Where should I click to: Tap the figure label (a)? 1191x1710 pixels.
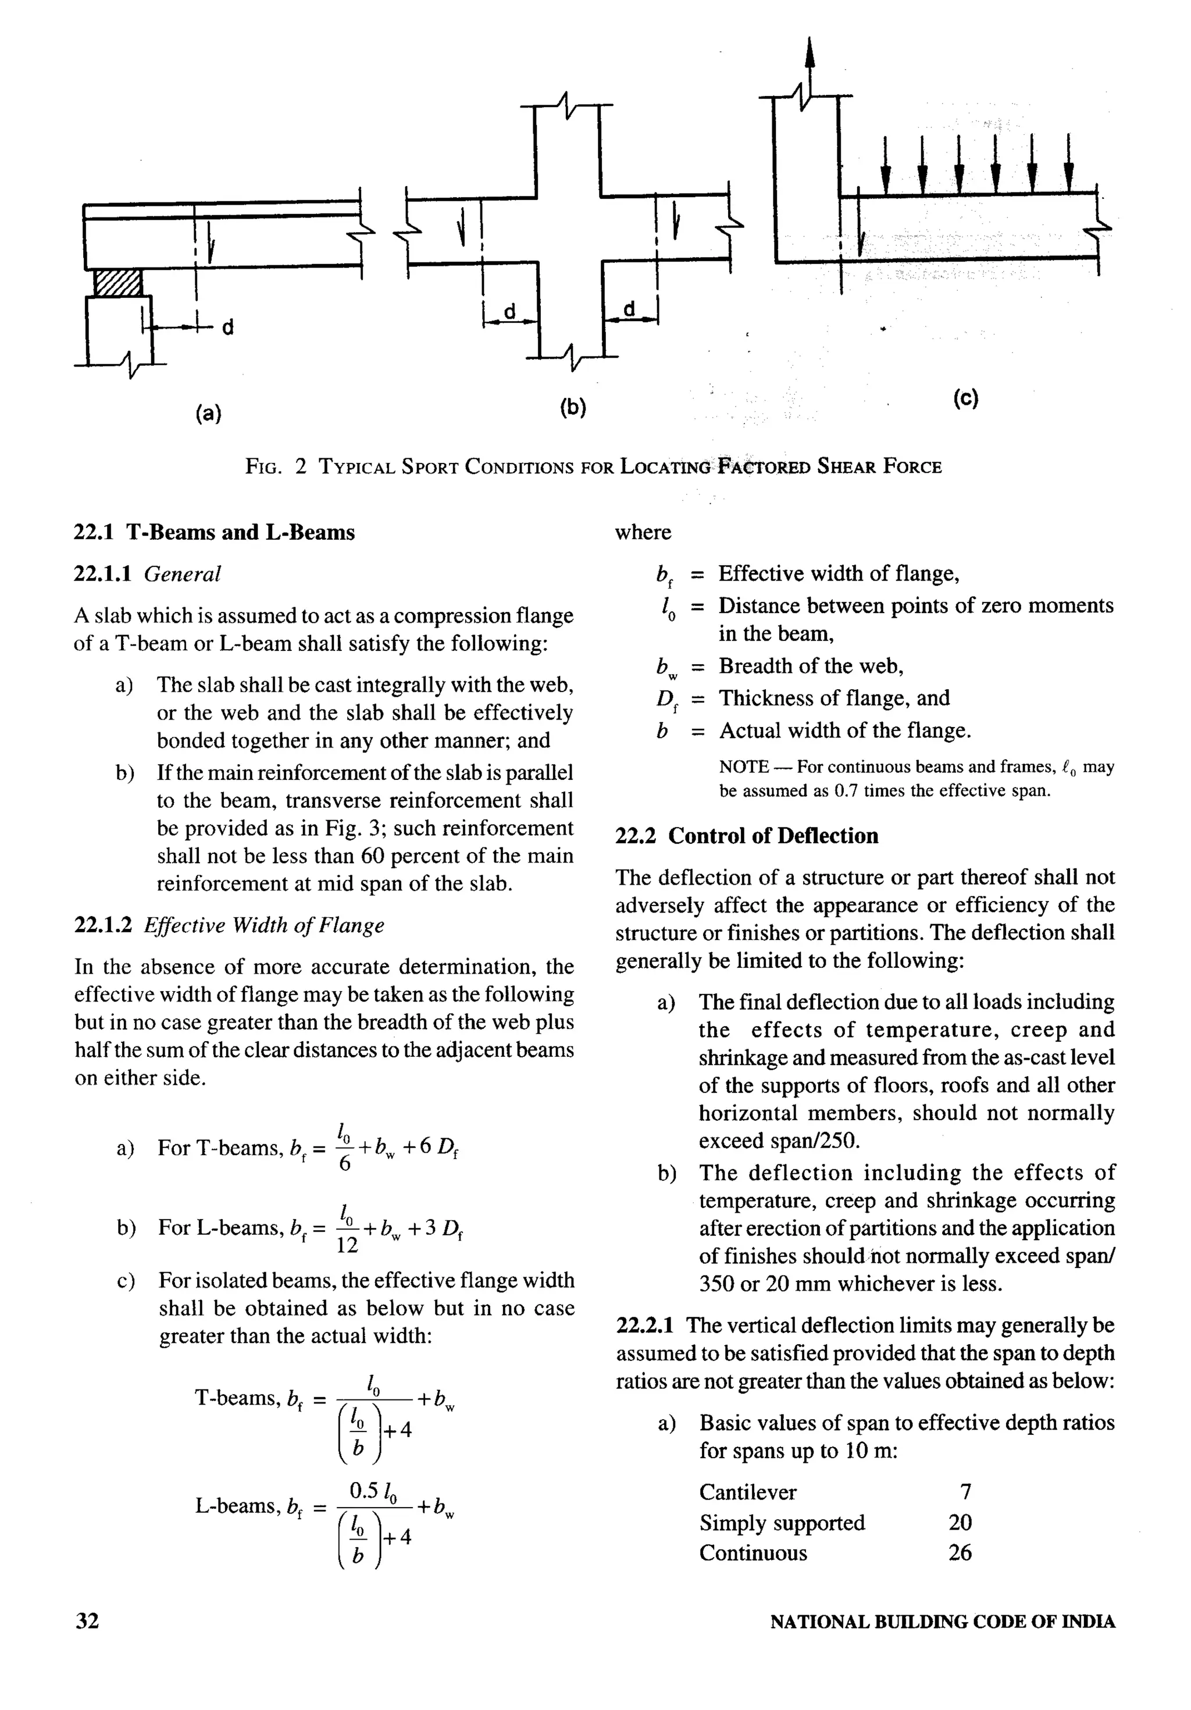coord(209,412)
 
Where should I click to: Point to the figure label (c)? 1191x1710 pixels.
coord(965,398)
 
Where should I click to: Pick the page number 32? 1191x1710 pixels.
coord(87,1620)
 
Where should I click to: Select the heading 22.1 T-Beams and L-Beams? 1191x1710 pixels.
coord(215,533)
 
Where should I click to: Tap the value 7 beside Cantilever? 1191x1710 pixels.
coord(965,1492)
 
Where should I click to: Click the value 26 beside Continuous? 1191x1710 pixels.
coord(960,1553)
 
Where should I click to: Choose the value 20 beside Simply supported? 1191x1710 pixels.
coord(960,1522)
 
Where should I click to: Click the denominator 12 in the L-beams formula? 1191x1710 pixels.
coord(347,1245)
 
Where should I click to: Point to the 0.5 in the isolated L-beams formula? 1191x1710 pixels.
coord(363,1490)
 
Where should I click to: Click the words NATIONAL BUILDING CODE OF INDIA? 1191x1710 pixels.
coord(942,1622)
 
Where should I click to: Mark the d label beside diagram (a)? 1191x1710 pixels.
coord(228,327)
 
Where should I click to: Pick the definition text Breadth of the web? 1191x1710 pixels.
coord(811,666)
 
